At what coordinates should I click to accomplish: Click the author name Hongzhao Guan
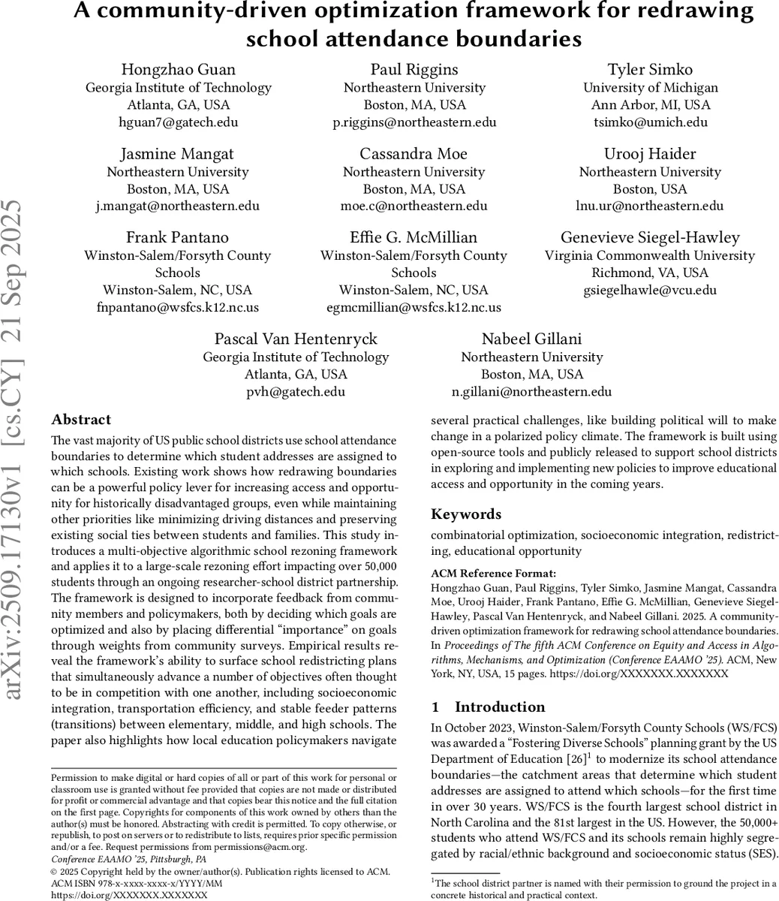[179, 70]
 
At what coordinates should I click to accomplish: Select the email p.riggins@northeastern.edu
[414, 122]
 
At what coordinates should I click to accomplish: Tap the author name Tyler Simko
[650, 70]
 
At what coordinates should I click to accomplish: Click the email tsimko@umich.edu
[650, 122]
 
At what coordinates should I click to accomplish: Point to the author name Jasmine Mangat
[179, 154]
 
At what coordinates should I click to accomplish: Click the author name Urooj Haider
[650, 154]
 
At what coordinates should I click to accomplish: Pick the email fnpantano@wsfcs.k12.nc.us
[178, 307]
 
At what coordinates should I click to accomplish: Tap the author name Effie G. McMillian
[414, 238]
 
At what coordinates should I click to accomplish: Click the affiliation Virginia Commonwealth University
[650, 255]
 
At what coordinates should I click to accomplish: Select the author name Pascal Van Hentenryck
[296, 339]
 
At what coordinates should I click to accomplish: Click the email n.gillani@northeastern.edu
[531, 391]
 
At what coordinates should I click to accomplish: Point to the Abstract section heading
[81, 420]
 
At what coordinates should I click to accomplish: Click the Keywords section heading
[466, 514]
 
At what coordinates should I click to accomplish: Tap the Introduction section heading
[500, 707]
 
